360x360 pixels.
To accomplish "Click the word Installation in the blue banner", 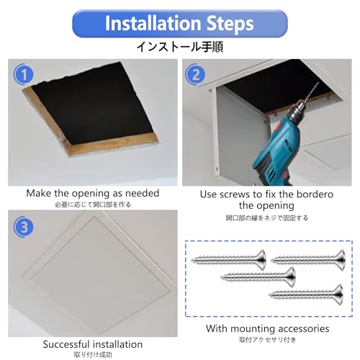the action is point(153,23).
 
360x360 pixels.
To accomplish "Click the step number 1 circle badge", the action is point(24,74).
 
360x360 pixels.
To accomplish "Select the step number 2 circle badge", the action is point(195,74).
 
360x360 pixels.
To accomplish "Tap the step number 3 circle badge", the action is point(24,226).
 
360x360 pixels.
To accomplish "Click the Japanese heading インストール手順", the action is point(180,47).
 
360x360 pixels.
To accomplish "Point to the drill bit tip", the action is point(318,83).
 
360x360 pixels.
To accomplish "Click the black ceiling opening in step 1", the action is point(92,106).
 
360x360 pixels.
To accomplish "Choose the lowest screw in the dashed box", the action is point(306,294).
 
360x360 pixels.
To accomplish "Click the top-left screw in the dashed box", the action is point(229,260).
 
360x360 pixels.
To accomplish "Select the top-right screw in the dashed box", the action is point(308,260).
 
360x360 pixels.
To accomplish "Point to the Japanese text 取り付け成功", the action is point(93,355).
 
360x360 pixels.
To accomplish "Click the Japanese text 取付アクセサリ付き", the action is point(267,340).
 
